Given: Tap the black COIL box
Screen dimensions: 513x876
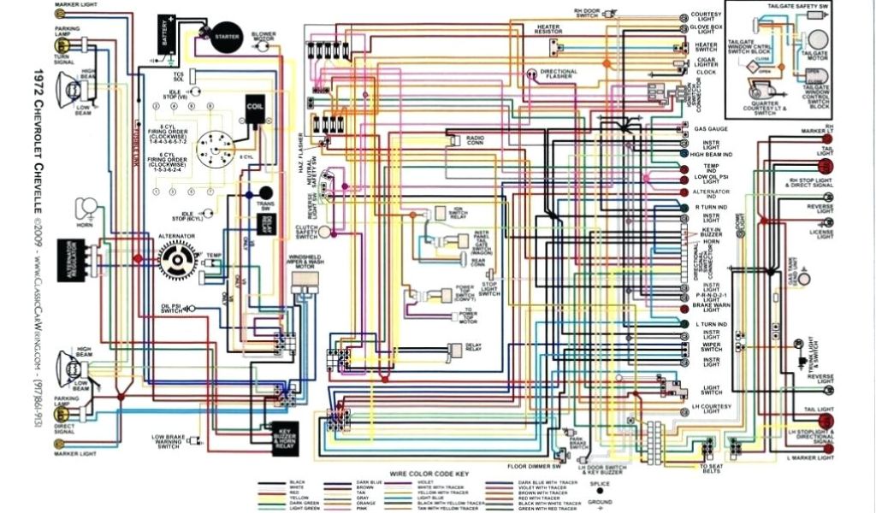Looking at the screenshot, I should tap(255, 108).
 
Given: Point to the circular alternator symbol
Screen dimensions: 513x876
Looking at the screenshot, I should tap(179, 256).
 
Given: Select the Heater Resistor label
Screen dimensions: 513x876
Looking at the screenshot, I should tap(548, 30).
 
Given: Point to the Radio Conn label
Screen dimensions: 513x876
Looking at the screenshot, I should tap(476, 139).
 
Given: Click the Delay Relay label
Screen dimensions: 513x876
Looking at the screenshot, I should tap(474, 347).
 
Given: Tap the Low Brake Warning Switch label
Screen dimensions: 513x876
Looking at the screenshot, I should tap(169, 441).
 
